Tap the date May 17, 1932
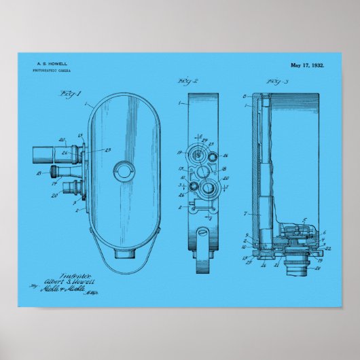pyautogui.click(x=307, y=65)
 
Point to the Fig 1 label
pyautogui.click(x=70, y=93)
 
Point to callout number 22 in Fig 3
pyautogui.click(x=327, y=248)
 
